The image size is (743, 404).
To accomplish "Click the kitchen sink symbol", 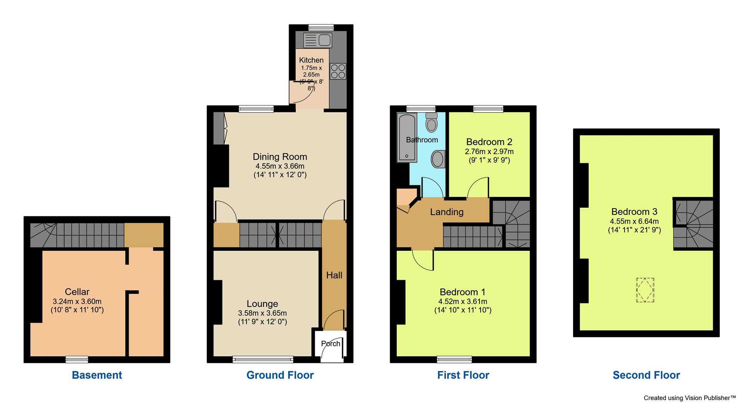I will [x=318, y=40].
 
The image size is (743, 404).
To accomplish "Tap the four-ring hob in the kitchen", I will [x=338, y=72].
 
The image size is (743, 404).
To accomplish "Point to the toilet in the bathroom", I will [x=431, y=122].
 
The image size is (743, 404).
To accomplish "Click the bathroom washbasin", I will [x=438, y=159].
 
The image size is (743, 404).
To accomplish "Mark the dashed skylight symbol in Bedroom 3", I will [x=645, y=290].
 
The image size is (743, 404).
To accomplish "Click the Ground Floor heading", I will [x=280, y=375].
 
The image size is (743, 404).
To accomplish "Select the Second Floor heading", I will [x=646, y=375].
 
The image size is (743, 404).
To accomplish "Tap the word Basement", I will [x=97, y=375].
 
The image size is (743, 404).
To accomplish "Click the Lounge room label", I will [x=262, y=304].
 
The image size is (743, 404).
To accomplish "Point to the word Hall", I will [x=334, y=275].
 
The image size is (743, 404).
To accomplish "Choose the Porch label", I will [x=330, y=344].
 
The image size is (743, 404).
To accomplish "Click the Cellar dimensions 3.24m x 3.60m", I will [x=77, y=301].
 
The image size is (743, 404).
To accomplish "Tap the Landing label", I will [x=447, y=212].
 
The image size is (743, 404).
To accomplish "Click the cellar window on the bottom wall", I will [x=77, y=359].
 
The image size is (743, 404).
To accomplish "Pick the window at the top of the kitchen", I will [x=321, y=27].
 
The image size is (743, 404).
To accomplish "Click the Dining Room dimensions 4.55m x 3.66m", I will [x=280, y=166].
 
